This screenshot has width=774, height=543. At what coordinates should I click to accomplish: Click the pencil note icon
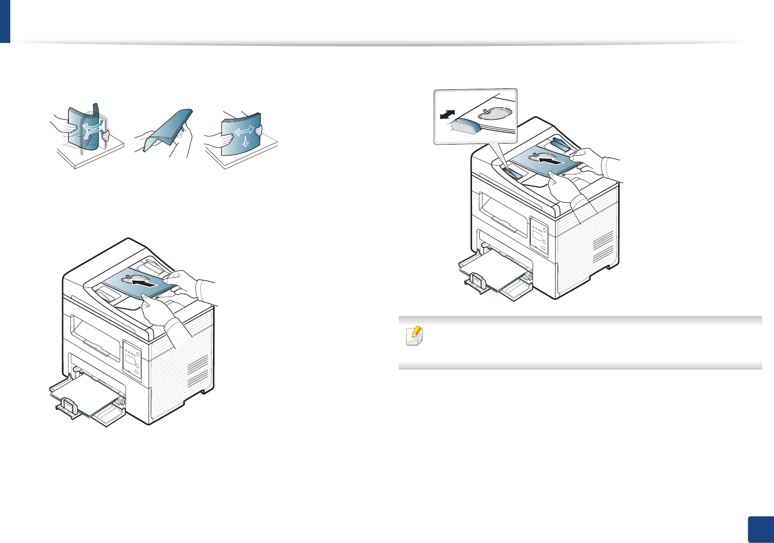414,336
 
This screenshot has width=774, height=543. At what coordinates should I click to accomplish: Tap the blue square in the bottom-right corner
760,529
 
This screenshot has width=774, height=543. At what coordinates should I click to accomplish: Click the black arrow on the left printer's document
146,282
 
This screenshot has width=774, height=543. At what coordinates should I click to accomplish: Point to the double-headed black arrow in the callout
448,114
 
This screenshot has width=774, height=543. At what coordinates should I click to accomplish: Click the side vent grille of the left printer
197,371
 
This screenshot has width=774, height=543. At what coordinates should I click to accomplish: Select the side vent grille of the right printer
602,247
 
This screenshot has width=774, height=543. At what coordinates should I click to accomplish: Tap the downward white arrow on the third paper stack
245,141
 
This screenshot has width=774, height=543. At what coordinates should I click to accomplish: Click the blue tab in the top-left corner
5,21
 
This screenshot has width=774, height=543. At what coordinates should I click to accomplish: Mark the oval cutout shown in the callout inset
495,113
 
